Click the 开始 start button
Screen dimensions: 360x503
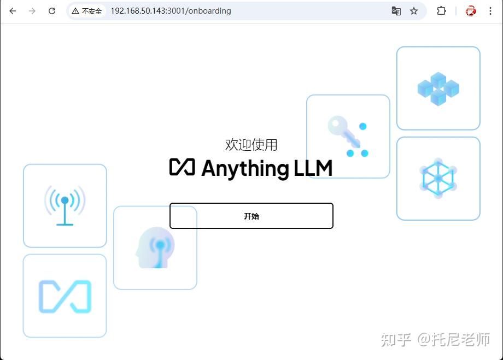click(251, 216)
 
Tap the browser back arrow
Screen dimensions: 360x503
click(13, 11)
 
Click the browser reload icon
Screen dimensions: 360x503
click(52, 11)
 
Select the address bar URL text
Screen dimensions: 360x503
click(171, 11)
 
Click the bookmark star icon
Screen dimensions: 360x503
click(414, 11)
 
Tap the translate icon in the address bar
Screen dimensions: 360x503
click(396, 11)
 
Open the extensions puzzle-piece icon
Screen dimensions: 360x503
click(441, 11)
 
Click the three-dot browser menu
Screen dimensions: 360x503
click(490, 11)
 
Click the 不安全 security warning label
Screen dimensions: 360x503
click(87, 11)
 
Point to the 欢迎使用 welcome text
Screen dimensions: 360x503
click(251, 145)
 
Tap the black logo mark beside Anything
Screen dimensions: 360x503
click(182, 167)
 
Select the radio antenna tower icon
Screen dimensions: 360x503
click(65, 205)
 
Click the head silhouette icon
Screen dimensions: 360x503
click(155, 247)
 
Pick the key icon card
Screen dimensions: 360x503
click(348, 136)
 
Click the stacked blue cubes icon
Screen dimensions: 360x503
click(438, 88)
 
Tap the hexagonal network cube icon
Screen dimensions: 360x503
click(438, 178)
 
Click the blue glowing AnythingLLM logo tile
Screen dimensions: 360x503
click(65, 296)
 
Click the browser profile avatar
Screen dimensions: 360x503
click(471, 11)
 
